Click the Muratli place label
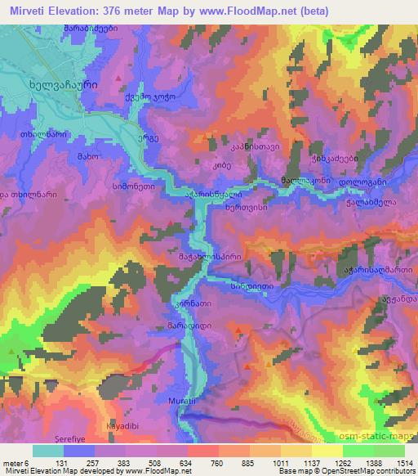pyautogui.click(x=188, y=400)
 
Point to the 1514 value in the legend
pyautogui.click(x=400, y=463)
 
